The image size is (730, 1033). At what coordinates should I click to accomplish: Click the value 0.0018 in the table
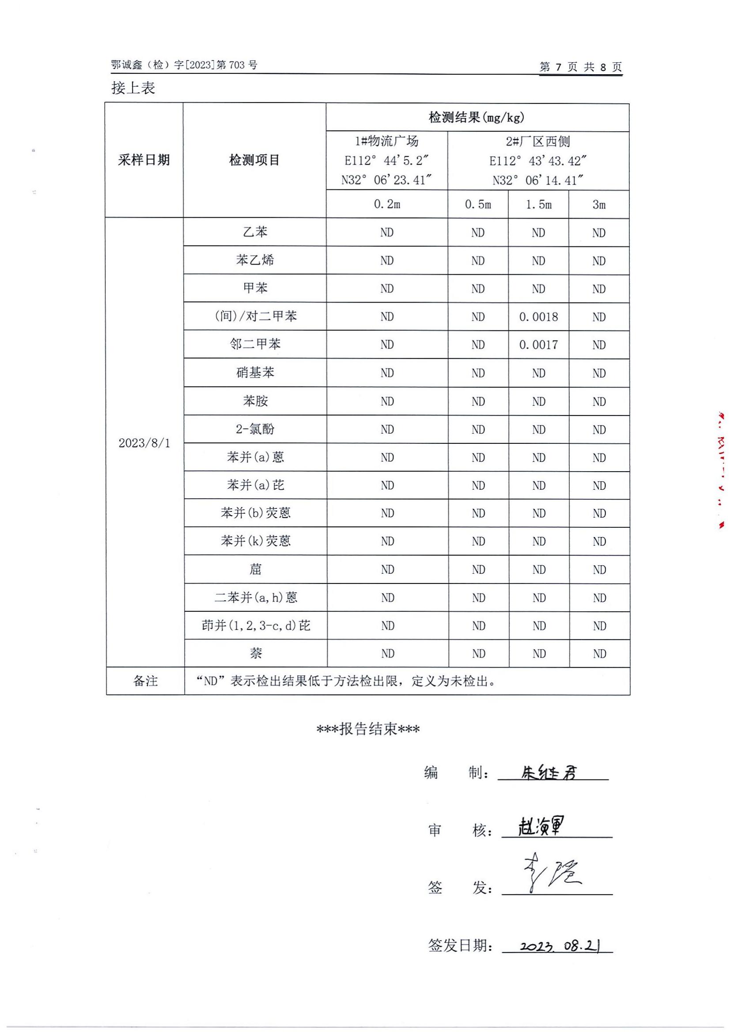[538, 317]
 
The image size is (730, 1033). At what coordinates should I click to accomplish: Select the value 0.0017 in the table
[538, 344]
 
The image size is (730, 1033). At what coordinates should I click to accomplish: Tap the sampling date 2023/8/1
[144, 443]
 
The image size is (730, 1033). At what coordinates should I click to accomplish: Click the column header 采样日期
[144, 160]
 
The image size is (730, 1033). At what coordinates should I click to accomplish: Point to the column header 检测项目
[254, 160]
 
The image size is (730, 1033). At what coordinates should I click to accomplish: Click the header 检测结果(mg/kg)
[477, 118]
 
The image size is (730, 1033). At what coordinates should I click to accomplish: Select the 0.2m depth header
[387, 205]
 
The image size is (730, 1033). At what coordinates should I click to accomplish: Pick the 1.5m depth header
[538, 205]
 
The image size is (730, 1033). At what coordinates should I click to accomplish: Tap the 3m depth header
[599, 205]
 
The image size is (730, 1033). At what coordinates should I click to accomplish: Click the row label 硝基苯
[255, 373]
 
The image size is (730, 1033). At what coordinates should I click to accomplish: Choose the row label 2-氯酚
[255, 429]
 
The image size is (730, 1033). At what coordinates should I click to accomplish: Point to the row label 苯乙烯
[255, 260]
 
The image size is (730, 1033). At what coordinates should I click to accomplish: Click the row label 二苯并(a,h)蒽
[255, 598]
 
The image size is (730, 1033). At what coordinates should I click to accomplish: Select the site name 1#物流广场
[387, 141]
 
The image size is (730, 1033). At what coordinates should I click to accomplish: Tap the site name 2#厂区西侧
[538, 142]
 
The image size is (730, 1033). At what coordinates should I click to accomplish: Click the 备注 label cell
[145, 681]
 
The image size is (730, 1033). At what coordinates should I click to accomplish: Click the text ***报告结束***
[368, 729]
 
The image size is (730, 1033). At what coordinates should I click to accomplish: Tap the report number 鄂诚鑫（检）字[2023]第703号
[185, 65]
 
